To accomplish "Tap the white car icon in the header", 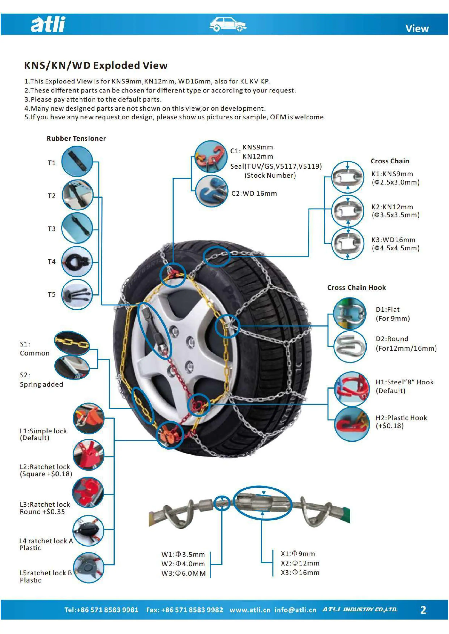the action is pos(228,24).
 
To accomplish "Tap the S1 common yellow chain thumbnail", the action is pos(72,343).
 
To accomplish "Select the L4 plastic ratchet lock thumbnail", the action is pos(88,530).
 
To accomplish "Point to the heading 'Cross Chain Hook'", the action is pos(356,288).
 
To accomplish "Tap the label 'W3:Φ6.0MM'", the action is pos(184,573).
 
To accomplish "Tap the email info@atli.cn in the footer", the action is pos(295,610).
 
